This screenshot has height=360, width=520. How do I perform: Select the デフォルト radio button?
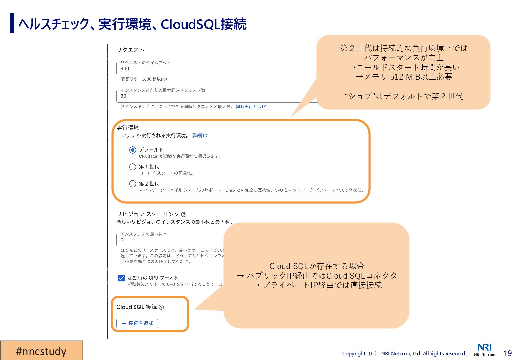pyautogui.click(x=133, y=150)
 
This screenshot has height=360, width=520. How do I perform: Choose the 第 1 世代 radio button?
pyautogui.click(x=133, y=167)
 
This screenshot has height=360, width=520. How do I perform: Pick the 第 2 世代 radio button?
pyautogui.click(x=133, y=184)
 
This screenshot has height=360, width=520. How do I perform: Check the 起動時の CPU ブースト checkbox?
pyautogui.click(x=121, y=278)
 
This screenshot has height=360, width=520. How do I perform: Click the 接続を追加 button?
pyautogui.click(x=137, y=323)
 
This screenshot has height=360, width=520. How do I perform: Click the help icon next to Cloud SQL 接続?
pyautogui.click(x=161, y=307)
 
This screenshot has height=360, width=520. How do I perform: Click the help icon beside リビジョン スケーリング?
pyautogui.click(x=184, y=214)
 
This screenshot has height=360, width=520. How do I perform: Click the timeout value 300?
pyautogui.click(x=125, y=68)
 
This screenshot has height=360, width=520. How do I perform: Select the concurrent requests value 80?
pyautogui.click(x=123, y=96)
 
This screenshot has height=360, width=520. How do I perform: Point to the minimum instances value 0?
pyautogui.click(x=122, y=240)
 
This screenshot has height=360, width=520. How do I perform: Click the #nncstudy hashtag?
pyautogui.click(x=41, y=351)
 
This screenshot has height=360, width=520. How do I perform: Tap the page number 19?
pyautogui.click(x=508, y=353)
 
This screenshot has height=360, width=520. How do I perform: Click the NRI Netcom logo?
pyautogui.click(x=484, y=349)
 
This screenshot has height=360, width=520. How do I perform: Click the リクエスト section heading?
pyautogui.click(x=130, y=50)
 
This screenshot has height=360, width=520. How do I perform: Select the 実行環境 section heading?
pyautogui.click(x=128, y=128)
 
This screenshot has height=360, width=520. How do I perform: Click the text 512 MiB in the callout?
pyautogui.click(x=408, y=77)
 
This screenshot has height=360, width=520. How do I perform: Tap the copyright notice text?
pyautogui.click(x=404, y=354)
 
